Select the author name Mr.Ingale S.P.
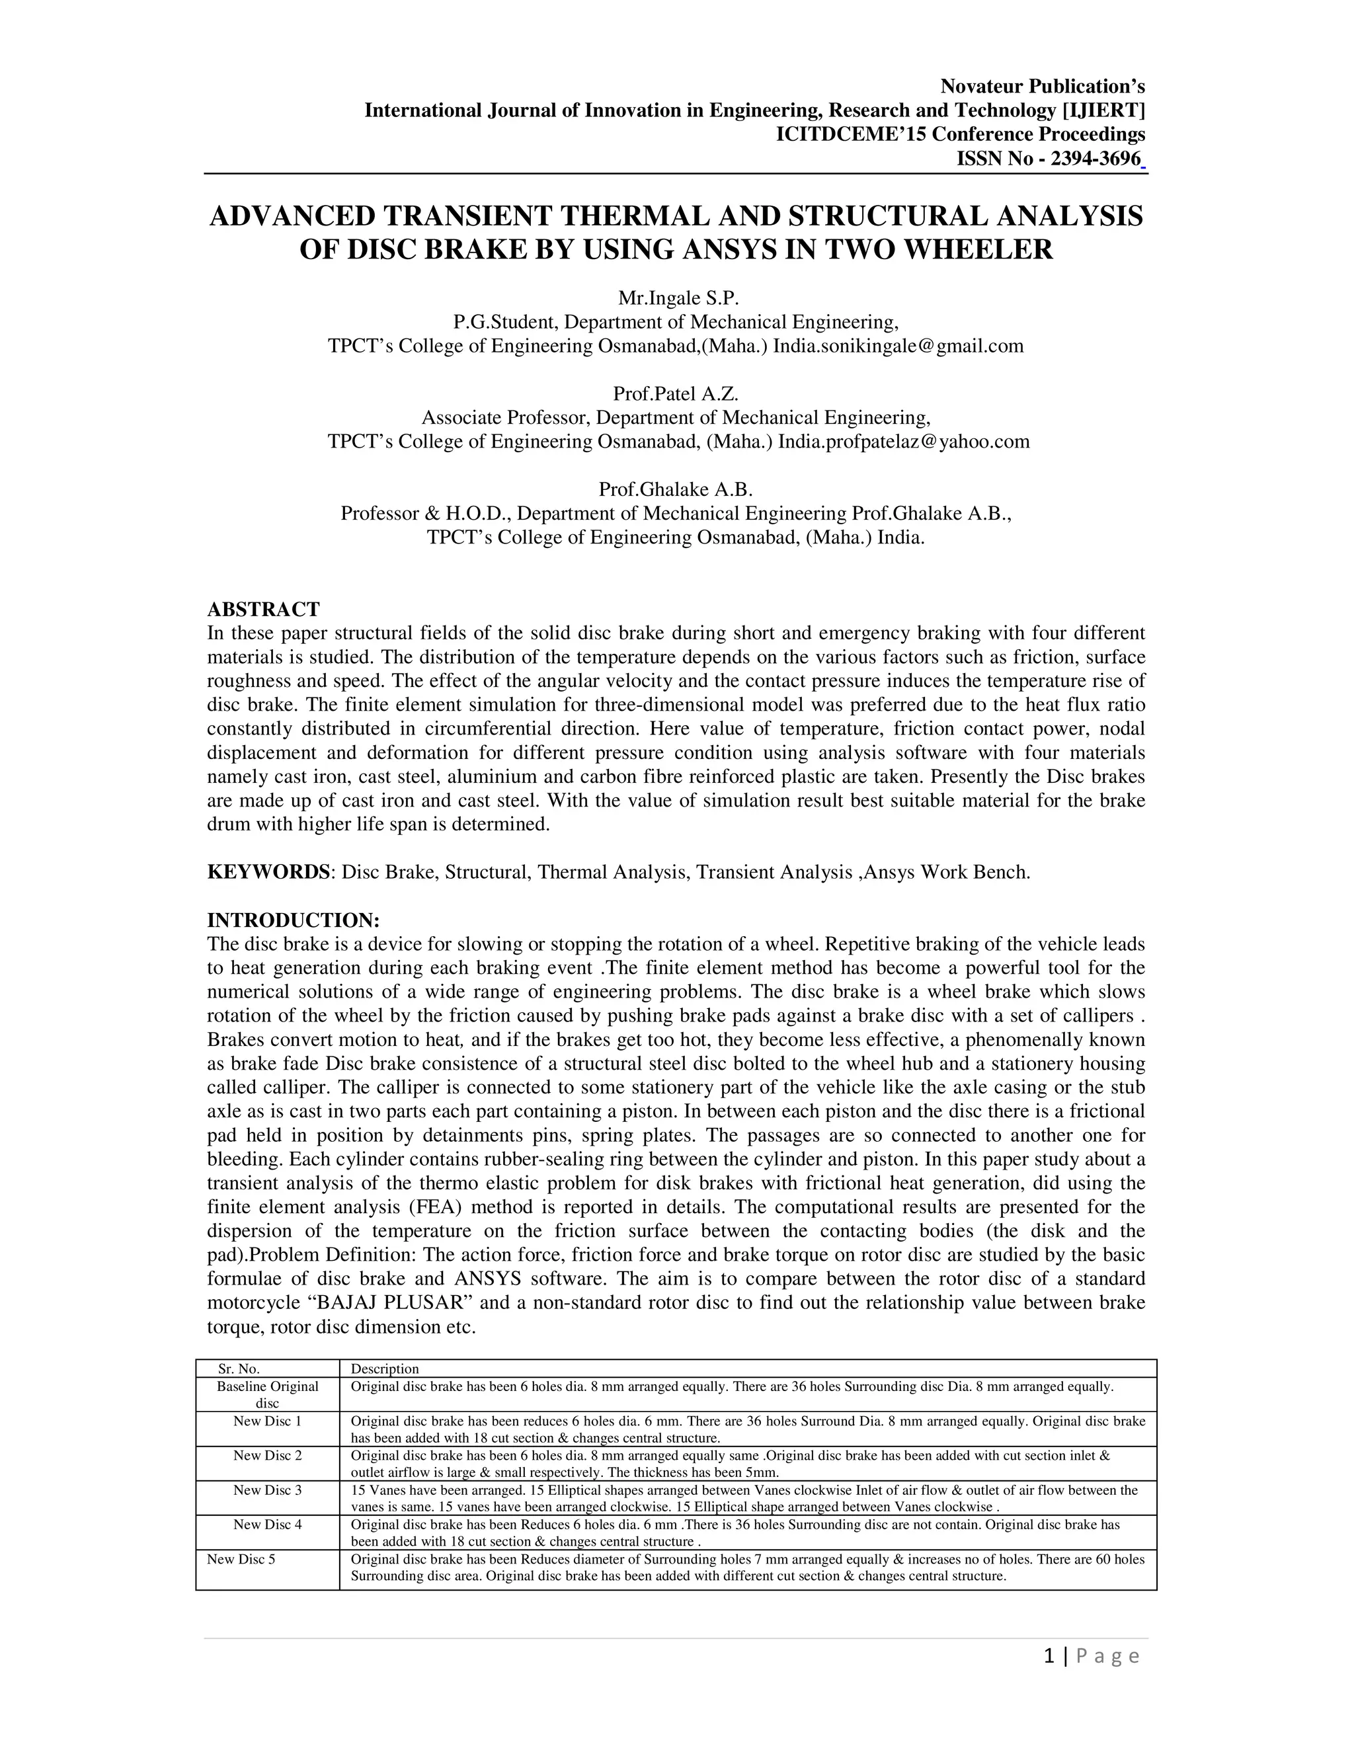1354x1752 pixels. pos(676,298)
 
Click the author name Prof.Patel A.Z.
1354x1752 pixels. pos(676,394)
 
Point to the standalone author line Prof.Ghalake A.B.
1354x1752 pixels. pos(676,489)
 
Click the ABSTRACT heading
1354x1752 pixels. pos(263,609)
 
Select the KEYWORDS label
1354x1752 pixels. pos(268,872)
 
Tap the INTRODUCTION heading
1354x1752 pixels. pos(293,920)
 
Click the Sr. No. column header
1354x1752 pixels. pos(239,1369)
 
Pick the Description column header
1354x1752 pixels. pos(385,1369)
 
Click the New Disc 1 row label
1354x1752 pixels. pos(267,1421)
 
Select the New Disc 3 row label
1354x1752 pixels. pos(267,1490)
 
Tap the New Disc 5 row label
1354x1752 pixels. pos(241,1559)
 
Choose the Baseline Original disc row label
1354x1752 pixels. pos(267,1394)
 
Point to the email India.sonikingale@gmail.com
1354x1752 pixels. pos(898,346)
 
